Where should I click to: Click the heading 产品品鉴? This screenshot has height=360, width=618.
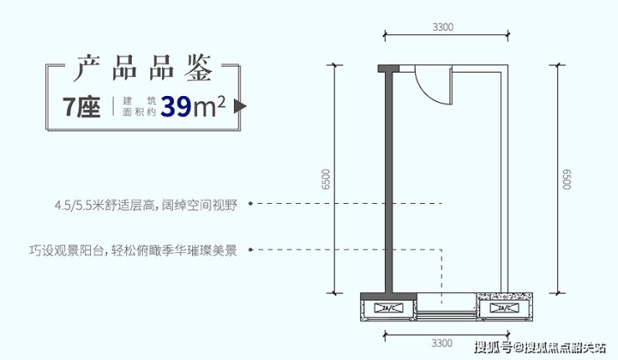point(143,68)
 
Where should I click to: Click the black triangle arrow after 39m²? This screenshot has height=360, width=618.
point(241,107)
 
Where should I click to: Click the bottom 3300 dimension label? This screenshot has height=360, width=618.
point(443,342)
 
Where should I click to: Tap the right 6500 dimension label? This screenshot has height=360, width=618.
point(567,180)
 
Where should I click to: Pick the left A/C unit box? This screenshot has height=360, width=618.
point(389,309)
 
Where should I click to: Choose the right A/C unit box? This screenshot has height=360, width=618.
point(503,309)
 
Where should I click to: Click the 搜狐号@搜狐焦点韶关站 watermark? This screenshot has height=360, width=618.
point(539,347)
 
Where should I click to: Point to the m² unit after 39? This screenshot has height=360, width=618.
point(212,106)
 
